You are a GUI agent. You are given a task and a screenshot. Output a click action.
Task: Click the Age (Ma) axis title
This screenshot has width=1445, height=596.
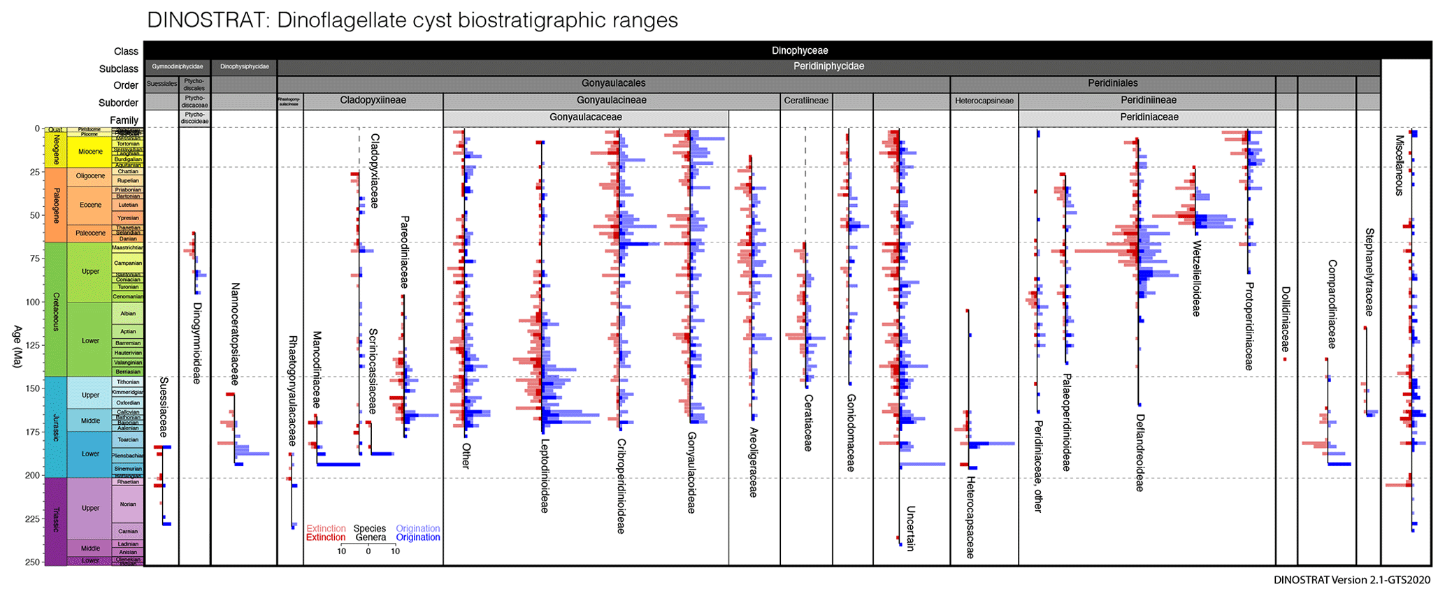click(x=17, y=347)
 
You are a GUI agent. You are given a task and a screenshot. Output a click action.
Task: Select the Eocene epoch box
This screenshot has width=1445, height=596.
click(x=90, y=205)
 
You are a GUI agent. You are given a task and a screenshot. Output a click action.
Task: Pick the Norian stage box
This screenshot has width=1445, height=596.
click(x=128, y=504)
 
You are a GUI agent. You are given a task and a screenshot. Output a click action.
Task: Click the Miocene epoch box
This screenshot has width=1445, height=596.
click(x=90, y=152)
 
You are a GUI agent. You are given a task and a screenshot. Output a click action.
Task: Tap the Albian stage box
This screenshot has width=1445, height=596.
click(x=128, y=314)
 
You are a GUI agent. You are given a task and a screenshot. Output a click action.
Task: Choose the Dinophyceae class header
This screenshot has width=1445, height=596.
click(x=799, y=50)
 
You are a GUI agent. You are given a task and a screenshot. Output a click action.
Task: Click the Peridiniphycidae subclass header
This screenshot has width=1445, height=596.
click(x=828, y=66)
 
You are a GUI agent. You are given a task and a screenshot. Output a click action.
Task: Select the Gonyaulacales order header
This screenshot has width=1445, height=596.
click(x=613, y=83)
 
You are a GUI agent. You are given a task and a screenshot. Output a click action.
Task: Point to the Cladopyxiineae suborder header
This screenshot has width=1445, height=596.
click(x=373, y=101)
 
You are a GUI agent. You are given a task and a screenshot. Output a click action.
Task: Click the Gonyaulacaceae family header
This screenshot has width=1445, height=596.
click(x=585, y=117)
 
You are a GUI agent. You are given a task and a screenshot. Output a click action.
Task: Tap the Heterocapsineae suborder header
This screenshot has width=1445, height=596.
click(x=984, y=101)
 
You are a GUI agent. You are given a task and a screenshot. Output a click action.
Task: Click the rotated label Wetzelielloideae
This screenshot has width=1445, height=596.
click(x=1196, y=279)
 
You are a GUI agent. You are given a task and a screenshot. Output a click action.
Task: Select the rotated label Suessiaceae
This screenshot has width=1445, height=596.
click(x=164, y=407)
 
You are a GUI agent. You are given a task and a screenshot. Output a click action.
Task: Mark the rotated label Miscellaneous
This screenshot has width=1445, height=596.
click(x=1399, y=165)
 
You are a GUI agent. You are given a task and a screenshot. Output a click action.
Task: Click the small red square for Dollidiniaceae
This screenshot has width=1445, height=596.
click(x=1284, y=359)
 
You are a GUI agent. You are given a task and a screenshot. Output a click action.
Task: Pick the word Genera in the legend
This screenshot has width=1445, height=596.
click(x=371, y=537)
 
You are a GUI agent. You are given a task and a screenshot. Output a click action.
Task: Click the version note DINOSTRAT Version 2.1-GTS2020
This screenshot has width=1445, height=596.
click(x=1351, y=580)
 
